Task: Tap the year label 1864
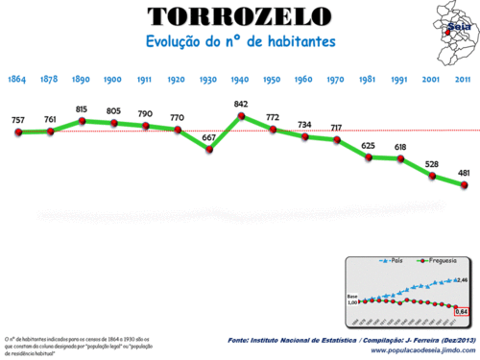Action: pos(17,80)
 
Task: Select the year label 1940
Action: pos(241,80)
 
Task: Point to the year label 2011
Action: pos(463,80)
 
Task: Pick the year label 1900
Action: pos(113,80)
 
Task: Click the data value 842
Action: pos(241,104)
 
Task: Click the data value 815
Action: pos(82,108)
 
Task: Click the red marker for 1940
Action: pos(241,116)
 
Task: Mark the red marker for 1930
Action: pos(209,150)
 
